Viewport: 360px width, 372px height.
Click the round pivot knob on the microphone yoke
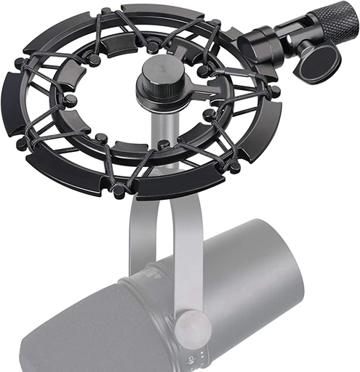tap(192, 325)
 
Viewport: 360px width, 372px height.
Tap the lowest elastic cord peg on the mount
tap(118, 190)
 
